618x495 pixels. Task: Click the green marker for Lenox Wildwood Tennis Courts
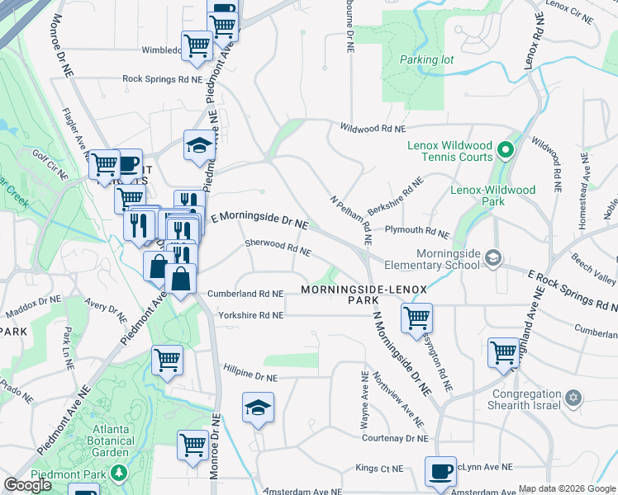pyautogui.click(x=506, y=151)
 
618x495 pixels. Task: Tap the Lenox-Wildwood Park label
pyautogui.click(x=492, y=196)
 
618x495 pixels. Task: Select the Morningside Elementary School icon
pyautogui.click(x=493, y=257)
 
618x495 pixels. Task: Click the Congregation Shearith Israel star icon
pyautogui.click(x=573, y=399)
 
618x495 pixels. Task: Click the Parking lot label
pyautogui.click(x=426, y=60)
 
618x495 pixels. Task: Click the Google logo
pyautogui.click(x=27, y=485)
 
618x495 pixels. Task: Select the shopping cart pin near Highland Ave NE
pyautogui.click(x=503, y=352)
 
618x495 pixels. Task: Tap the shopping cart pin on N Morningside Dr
pyautogui.click(x=417, y=318)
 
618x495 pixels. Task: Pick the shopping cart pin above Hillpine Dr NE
pyautogui.click(x=168, y=360)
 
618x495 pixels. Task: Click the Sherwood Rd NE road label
pyautogui.click(x=278, y=247)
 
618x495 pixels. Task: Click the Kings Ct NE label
pyautogui.click(x=379, y=469)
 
